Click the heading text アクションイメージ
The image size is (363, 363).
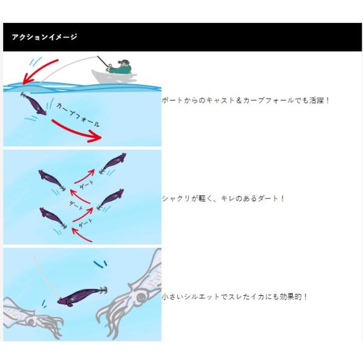[44, 37]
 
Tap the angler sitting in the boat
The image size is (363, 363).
[120, 67]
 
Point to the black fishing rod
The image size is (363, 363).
[103, 62]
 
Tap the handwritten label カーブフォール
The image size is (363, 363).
[78, 115]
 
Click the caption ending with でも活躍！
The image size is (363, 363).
[246, 100]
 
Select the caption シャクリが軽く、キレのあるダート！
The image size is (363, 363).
[223, 198]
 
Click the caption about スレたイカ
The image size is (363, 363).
[235, 296]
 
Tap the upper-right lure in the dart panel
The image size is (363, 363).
[113, 163]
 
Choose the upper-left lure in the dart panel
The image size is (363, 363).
[52, 180]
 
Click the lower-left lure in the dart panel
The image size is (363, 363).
[53, 218]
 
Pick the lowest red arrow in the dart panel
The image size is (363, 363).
[82, 234]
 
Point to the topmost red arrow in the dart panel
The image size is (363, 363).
[85, 176]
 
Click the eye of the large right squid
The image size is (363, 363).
[140, 297]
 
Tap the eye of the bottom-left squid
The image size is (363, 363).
[30, 321]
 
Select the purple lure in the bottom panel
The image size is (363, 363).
[82, 296]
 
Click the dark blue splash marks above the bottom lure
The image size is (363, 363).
[100, 264]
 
